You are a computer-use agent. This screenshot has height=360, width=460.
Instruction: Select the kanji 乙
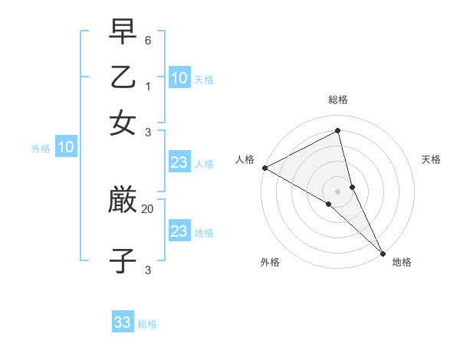[x=123, y=79]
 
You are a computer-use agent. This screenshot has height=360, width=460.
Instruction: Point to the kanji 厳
[x=123, y=201]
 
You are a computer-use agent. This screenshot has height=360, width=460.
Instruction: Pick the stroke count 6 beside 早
[x=148, y=40]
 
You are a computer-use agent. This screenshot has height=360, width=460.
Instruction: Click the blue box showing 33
[x=123, y=322]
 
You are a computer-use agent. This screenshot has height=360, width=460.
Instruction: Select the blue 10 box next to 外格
[x=66, y=148]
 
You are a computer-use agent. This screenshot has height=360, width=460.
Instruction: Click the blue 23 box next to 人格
[x=179, y=162]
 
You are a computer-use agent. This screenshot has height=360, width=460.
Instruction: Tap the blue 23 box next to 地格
[x=179, y=231]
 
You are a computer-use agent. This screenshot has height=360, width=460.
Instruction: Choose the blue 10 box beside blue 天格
[x=179, y=77]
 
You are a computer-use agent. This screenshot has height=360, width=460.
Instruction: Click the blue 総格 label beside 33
[x=147, y=324]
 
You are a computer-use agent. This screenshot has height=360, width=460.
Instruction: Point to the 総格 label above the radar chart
[x=338, y=100]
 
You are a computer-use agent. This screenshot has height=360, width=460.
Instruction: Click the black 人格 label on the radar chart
[x=245, y=159]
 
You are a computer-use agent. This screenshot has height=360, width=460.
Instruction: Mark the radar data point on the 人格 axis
[x=264, y=168]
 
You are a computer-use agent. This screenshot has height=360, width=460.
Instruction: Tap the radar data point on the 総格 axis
[x=338, y=131]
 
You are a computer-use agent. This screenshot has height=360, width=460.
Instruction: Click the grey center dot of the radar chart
[x=338, y=189]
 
